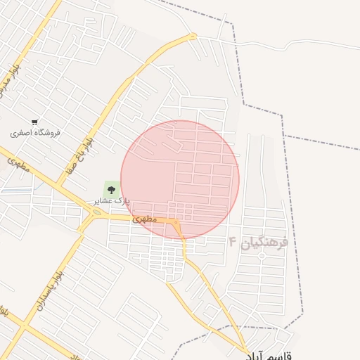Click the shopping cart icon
34,122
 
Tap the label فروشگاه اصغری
35,132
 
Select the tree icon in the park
111,188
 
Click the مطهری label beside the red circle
143,219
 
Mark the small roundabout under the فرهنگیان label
262,257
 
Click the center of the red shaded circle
180,180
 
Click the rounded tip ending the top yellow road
193,36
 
